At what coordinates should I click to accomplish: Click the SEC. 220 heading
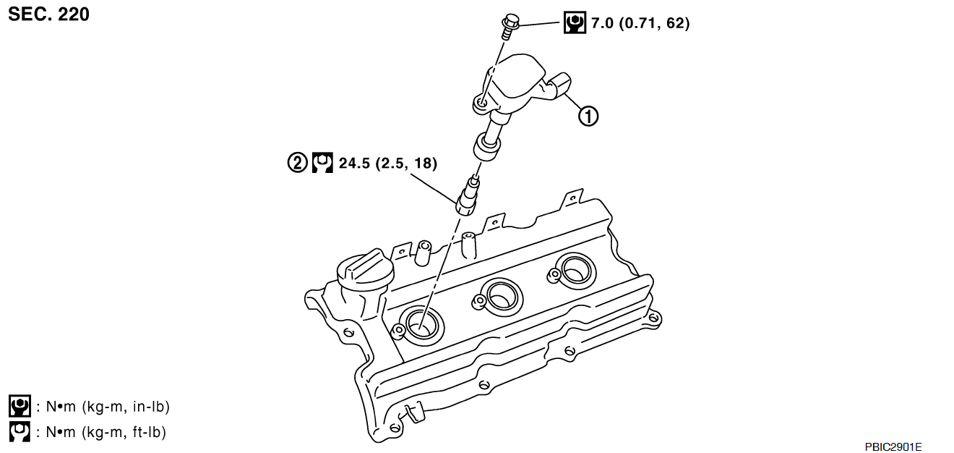click(48, 14)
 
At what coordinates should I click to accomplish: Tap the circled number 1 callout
click(588, 116)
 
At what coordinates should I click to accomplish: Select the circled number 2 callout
click(297, 163)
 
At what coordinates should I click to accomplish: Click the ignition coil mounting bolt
click(510, 26)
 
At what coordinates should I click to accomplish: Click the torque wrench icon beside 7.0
click(575, 22)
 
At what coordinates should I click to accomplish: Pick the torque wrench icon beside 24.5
click(322, 163)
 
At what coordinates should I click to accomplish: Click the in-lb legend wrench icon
click(20, 406)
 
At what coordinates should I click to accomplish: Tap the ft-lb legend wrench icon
click(20, 432)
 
